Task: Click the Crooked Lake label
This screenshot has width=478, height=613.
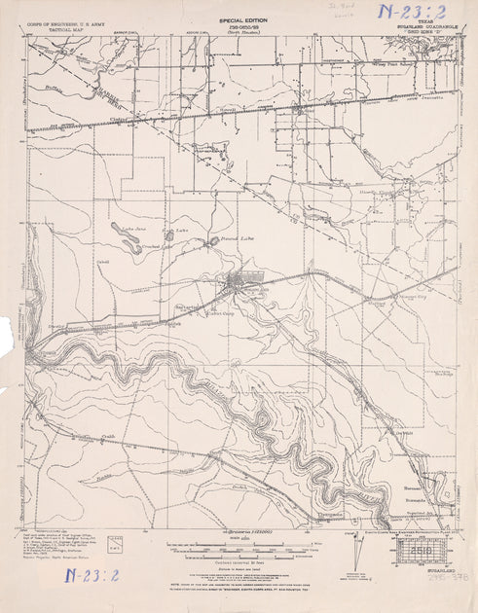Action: click(156, 246)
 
